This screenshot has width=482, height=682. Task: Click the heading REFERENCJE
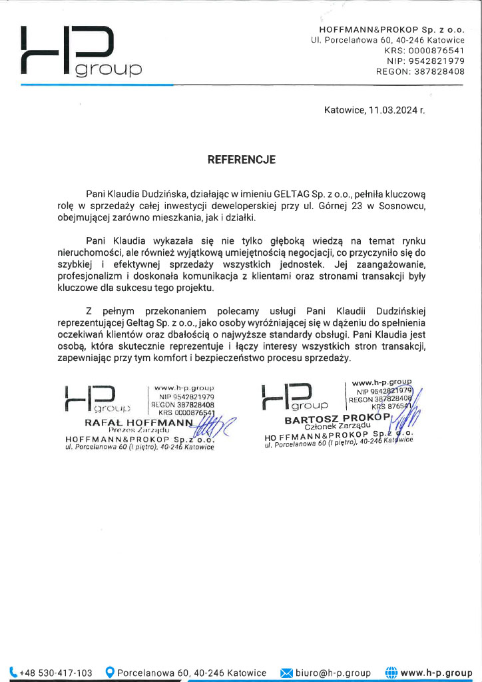click(x=242, y=160)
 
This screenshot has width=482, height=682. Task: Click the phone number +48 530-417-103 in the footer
click(x=56, y=673)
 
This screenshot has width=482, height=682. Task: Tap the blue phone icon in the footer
click(x=14, y=673)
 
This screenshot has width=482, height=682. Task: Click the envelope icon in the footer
click(x=286, y=673)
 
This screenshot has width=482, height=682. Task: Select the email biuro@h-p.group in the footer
click(x=334, y=673)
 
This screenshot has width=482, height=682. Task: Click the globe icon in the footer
click(x=391, y=673)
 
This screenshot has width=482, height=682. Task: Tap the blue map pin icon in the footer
click(x=111, y=673)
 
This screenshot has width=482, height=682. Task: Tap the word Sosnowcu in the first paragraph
click(x=401, y=205)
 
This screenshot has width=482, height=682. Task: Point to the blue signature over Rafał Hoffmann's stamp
click(x=208, y=426)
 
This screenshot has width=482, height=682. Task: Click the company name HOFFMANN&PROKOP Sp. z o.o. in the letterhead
click(x=391, y=31)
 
